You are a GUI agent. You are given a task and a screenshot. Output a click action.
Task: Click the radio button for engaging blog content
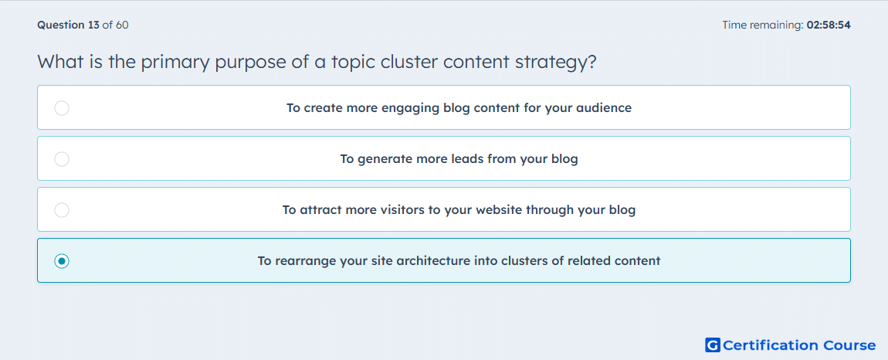62,107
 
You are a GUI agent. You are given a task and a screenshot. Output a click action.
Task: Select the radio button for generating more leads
62,159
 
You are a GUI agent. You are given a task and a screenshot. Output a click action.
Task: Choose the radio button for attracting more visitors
62,210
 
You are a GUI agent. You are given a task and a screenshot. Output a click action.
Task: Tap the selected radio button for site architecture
62,261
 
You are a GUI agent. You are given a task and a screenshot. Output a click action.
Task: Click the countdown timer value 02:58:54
829,25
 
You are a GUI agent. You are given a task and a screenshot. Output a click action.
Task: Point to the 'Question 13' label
68,25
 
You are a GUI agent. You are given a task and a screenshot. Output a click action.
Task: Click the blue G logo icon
713,345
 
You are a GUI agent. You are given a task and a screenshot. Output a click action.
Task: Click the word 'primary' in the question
175,63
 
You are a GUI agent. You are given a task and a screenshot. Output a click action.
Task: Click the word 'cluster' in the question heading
405,61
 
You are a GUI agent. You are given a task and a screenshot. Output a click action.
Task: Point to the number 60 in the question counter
122,25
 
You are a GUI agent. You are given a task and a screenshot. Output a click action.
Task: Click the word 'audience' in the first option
604,107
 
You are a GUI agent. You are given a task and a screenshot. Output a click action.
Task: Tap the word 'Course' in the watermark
849,345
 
